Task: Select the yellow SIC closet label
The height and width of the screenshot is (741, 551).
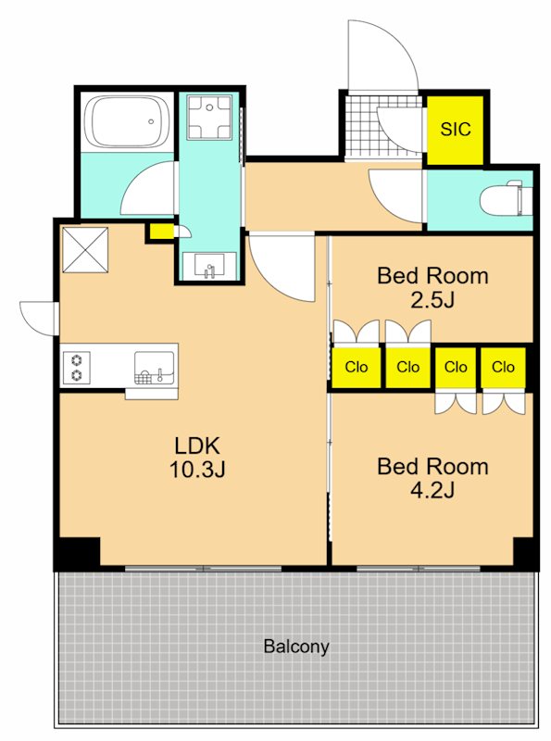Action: pos(455,129)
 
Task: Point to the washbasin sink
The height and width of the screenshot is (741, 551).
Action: pos(210,266)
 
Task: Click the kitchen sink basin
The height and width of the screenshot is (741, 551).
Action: pos(154,367)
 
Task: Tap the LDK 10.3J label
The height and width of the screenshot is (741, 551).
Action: pos(197,458)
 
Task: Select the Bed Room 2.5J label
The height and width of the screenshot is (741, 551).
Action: pos(432,287)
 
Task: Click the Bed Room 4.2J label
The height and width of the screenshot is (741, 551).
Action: pos(432,478)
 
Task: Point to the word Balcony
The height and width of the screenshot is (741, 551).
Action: pos(296,646)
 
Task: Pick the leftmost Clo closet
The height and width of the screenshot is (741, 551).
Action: pos(357,367)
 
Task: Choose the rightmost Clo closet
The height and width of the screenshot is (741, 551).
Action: pos(503,366)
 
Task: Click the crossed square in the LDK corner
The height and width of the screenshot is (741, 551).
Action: pos(85,250)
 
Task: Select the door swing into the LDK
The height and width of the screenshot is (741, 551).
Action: pos(282,267)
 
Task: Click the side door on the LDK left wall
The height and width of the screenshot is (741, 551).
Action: pos(39,318)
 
